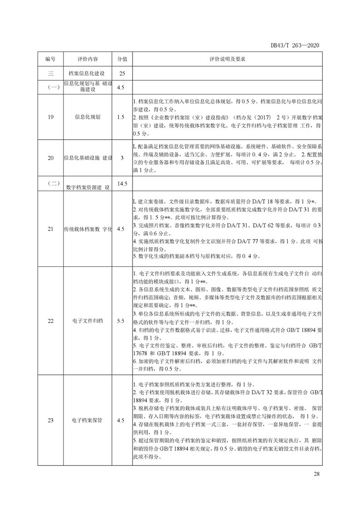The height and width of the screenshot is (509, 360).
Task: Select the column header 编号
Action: point(50,59)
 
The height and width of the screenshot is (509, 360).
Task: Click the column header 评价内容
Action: point(88,59)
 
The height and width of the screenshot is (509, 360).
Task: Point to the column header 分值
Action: point(120,59)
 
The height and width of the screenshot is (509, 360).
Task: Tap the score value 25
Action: point(120,73)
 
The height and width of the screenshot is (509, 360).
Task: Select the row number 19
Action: point(50,117)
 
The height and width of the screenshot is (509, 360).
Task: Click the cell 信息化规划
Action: point(88,117)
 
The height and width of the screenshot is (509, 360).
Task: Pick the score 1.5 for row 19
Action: point(120,117)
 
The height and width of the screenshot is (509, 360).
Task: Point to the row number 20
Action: point(50,158)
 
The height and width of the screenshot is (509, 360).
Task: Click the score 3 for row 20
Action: point(120,158)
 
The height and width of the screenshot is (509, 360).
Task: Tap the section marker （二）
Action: point(50,183)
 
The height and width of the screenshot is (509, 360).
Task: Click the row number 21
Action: point(50,229)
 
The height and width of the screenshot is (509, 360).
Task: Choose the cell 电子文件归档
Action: point(88,321)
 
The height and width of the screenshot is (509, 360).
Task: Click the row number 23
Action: point(50,421)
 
